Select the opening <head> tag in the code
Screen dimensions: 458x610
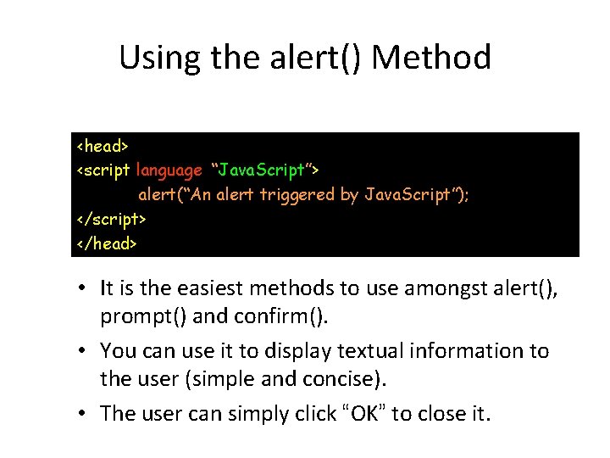point(103,146)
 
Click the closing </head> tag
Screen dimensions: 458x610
point(106,243)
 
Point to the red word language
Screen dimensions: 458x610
point(169,170)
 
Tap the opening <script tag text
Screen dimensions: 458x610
point(103,170)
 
